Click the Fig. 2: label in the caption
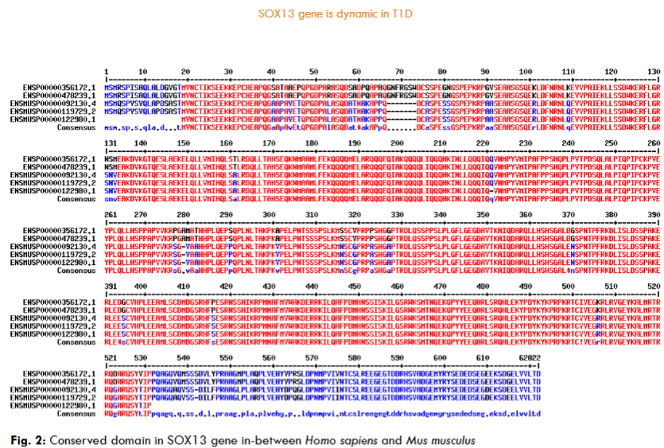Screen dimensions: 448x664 coord(23,439)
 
